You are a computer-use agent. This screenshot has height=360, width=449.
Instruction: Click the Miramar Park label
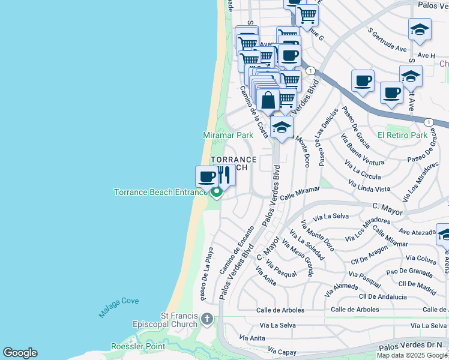(228, 135)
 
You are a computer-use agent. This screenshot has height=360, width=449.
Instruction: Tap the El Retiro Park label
(402, 135)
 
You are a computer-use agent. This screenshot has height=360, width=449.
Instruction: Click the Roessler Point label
(137, 346)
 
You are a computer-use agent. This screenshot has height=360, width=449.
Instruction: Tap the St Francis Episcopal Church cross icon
(207, 319)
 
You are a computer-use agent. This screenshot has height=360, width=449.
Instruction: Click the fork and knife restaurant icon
(224, 175)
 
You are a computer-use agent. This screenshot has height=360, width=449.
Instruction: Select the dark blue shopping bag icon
(268, 100)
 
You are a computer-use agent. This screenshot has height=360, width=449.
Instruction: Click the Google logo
(20, 353)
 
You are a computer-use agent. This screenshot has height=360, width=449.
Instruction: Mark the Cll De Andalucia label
(382, 296)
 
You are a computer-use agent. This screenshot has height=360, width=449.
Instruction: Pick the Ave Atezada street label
(417, 232)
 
